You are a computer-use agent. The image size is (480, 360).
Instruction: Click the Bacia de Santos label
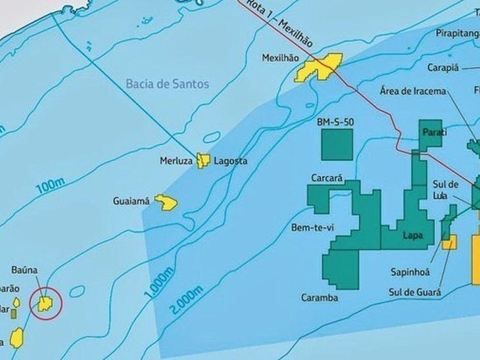166,84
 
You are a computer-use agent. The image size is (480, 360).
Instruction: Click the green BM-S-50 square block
337,145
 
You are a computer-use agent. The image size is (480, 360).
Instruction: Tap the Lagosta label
229,160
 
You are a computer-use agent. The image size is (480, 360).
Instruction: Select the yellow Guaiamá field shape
168,202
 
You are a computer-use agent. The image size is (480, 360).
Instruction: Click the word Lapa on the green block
412,235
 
